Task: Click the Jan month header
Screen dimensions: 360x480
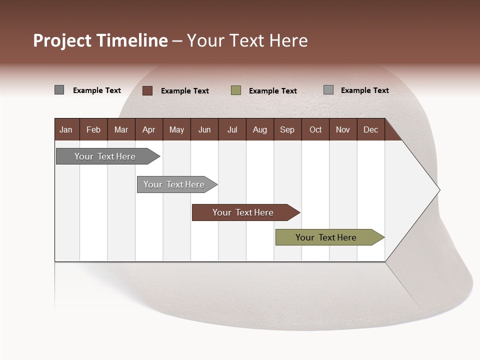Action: point(66,129)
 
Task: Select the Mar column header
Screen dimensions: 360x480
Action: point(121,129)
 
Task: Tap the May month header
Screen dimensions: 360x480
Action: point(176,129)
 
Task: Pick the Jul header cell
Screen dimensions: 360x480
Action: point(232,129)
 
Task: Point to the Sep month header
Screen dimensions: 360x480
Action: point(287,129)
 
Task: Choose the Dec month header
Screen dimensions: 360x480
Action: point(370,129)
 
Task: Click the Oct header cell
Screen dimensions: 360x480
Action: point(315,129)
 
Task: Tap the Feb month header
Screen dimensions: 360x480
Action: point(93,129)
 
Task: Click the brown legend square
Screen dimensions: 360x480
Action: point(147,90)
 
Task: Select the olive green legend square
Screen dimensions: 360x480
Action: point(236,90)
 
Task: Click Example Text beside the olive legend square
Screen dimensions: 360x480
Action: point(272,91)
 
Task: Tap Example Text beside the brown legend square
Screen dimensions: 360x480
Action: point(184,91)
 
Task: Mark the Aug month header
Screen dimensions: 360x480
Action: point(259,129)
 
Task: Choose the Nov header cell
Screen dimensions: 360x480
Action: point(342,129)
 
